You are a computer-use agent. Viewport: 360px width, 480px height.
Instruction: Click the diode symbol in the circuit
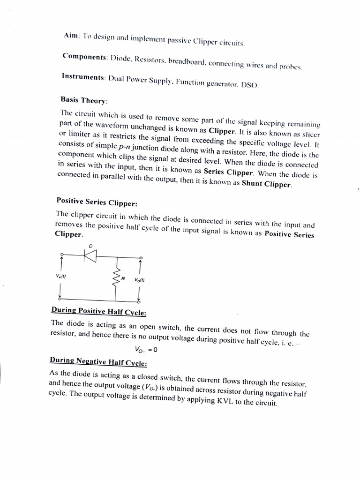tap(90, 255)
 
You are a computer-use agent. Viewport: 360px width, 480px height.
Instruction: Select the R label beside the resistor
tap(123, 279)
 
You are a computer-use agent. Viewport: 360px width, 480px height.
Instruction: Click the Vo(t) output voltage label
tap(139, 280)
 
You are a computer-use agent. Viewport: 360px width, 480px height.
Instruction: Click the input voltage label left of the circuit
tap(60, 277)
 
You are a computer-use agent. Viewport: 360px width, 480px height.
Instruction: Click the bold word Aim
tap(72, 36)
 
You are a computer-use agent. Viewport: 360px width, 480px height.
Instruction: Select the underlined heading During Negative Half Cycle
tap(98, 363)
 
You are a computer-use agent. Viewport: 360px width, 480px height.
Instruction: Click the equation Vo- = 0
tap(146, 349)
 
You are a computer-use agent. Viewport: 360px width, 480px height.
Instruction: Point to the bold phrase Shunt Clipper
tap(266, 184)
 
